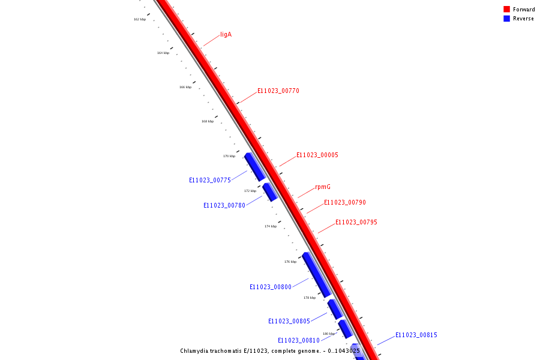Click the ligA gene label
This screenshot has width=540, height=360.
click(226, 35)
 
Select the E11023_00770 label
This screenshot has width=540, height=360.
click(278, 91)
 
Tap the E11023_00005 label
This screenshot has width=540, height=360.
click(317, 155)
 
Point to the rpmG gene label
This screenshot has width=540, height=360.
click(323, 187)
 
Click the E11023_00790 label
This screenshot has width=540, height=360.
click(344, 203)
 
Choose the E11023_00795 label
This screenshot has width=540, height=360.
click(356, 223)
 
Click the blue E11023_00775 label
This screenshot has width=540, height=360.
click(210, 180)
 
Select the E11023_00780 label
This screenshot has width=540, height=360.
click(224, 205)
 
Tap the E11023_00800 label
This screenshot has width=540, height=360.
click(271, 287)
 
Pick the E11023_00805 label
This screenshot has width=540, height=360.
click(289, 321)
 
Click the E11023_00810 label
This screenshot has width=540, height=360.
click(299, 340)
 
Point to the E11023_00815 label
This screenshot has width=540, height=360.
click(416, 335)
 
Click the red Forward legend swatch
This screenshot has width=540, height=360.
click(506, 10)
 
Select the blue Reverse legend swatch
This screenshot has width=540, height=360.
click(506, 19)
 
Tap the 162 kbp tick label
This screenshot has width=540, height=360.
click(140, 19)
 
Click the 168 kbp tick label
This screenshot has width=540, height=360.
click(208, 121)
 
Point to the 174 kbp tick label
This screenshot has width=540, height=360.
click(271, 226)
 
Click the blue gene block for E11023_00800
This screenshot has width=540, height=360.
click(316, 274)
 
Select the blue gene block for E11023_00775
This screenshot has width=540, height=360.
click(254, 166)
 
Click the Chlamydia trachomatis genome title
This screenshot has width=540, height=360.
click(270, 351)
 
